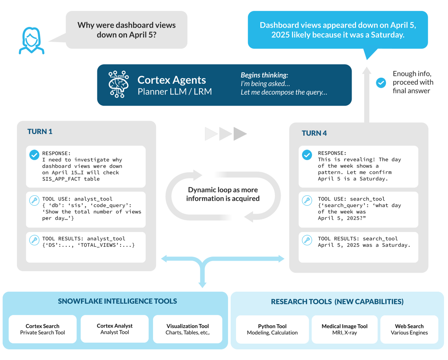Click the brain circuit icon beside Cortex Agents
[x=118, y=84]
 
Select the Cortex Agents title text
[x=171, y=80]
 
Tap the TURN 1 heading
[x=40, y=131]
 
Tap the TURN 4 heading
[x=314, y=133]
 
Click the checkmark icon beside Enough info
[x=380, y=83]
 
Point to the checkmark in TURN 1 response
[x=34, y=155]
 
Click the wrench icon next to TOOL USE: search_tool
[x=307, y=201]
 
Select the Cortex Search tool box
[x=42, y=329]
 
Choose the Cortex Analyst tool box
[x=115, y=329]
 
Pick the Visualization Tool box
[x=187, y=329]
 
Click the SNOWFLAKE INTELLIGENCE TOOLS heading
[x=117, y=301]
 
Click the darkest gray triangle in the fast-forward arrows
[x=240, y=134]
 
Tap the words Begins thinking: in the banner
[x=264, y=75]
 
